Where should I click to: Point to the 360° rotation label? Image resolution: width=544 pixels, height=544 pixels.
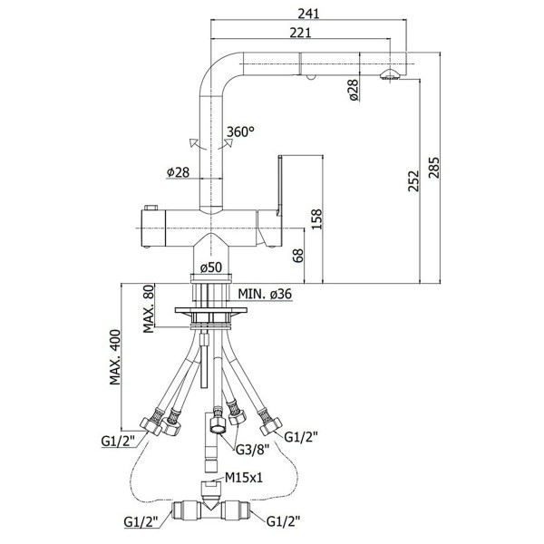241,131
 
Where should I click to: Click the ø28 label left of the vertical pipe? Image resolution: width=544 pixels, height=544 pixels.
178,172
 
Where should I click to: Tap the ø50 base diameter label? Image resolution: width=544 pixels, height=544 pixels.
210,267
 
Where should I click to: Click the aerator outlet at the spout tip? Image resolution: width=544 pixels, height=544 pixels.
391,77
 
